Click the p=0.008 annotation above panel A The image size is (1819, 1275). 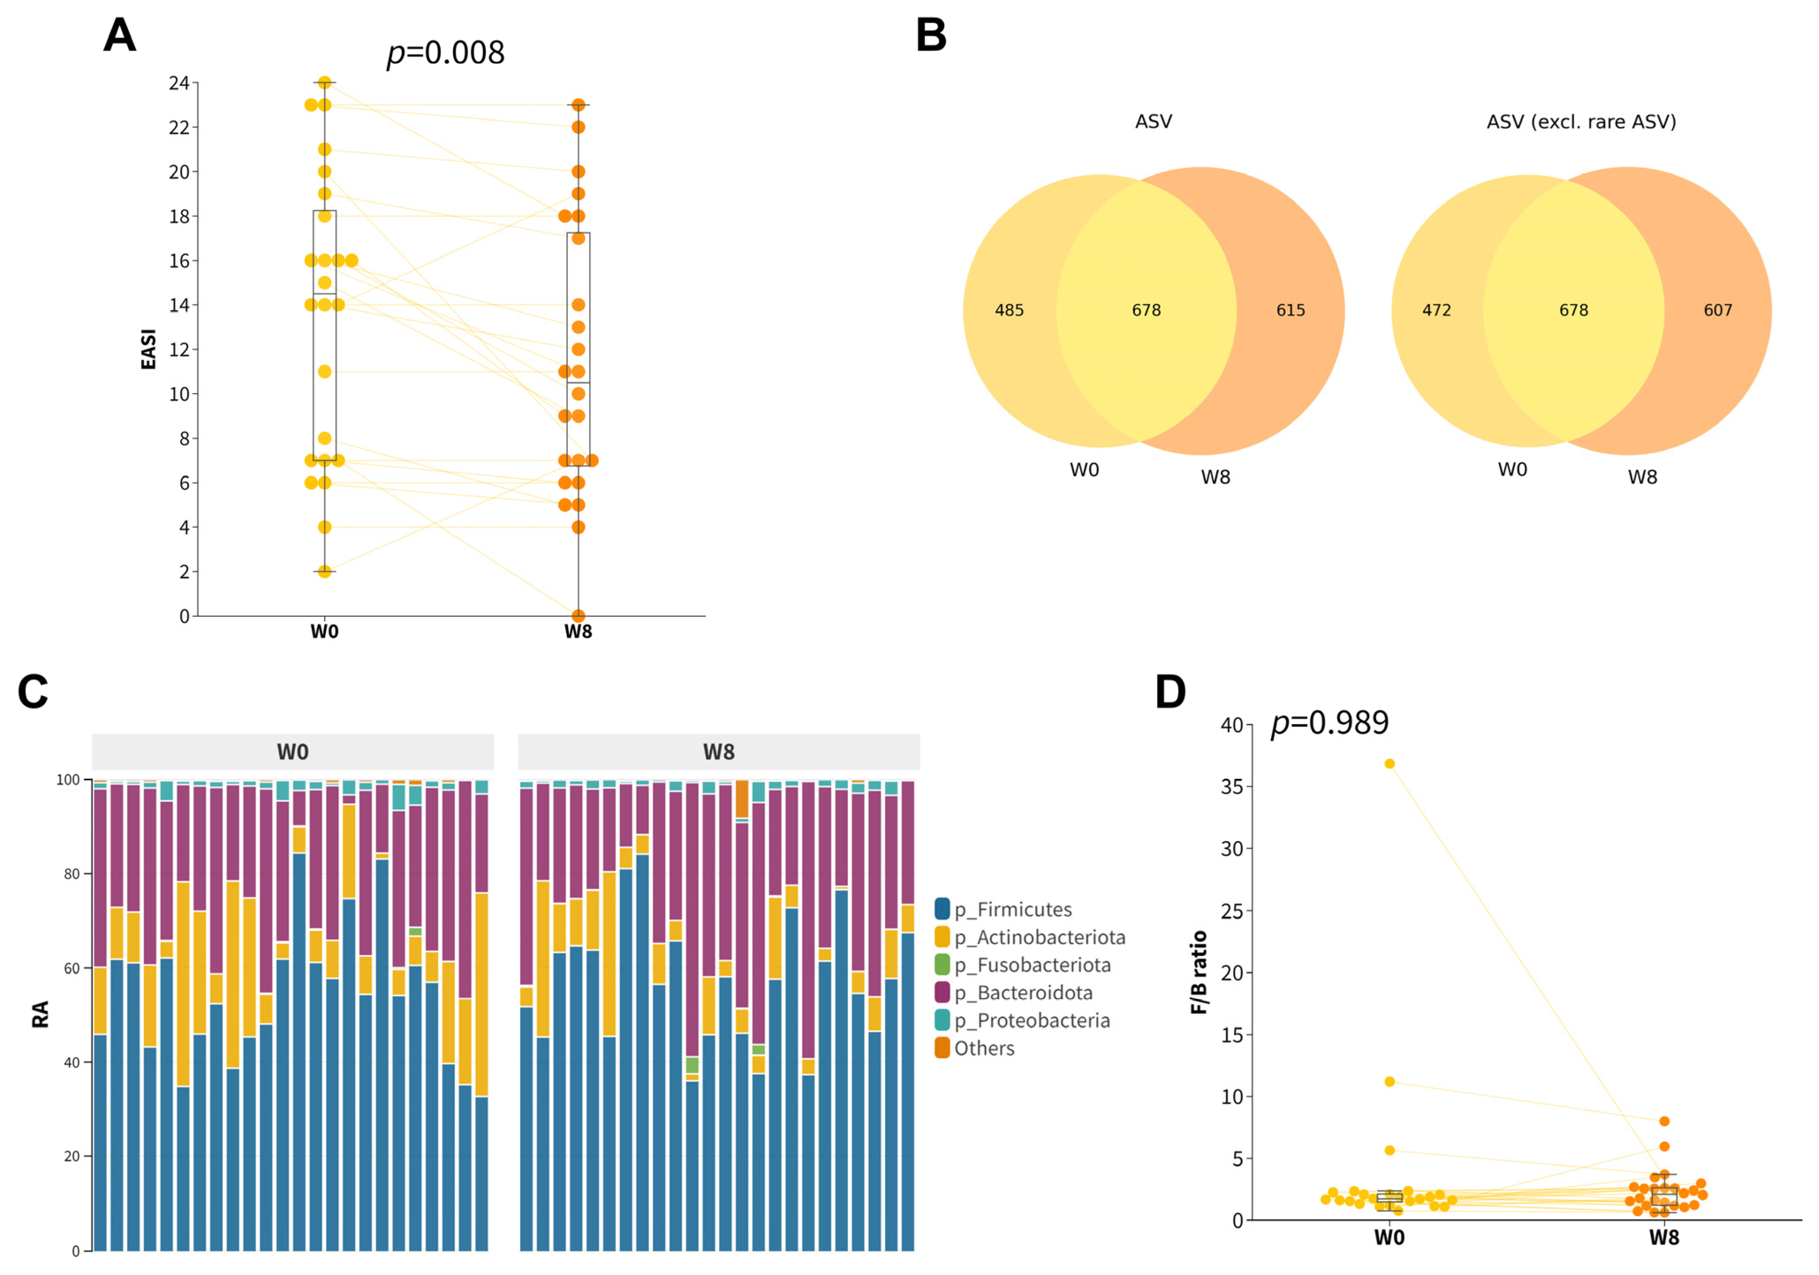pos(445,53)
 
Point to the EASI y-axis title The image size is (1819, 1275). pos(148,349)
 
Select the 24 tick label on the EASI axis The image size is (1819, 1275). pos(178,83)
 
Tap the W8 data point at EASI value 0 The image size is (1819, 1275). pos(579,616)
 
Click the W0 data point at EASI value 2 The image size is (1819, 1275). pos(324,571)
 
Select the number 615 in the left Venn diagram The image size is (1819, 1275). pos(1290,311)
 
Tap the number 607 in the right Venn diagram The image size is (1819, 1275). pos(1717,311)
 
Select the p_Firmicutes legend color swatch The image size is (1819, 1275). pos(942,909)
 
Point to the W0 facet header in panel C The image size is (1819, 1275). pos(292,752)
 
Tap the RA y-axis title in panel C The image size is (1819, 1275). pos(40,1014)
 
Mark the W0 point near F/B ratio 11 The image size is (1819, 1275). pos(1389,1081)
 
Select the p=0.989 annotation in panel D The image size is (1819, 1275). pos(1329,723)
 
